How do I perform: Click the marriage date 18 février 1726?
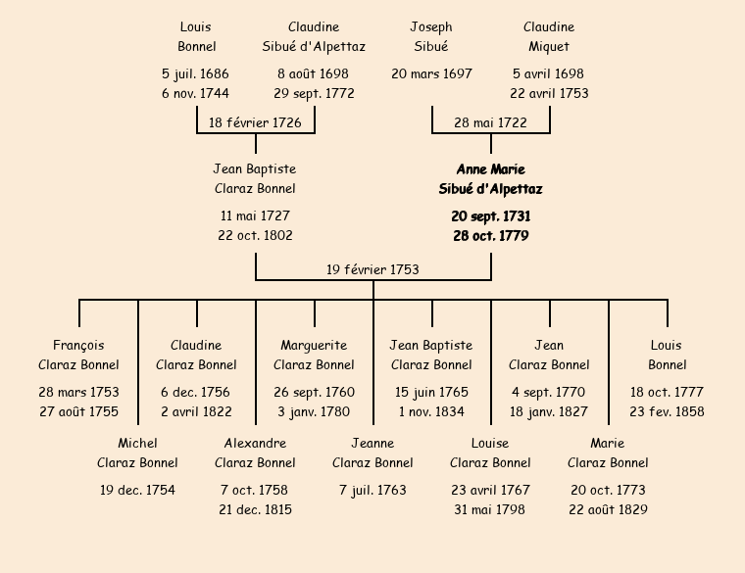(255, 122)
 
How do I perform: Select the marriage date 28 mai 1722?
(490, 122)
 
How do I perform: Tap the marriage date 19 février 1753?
(372, 269)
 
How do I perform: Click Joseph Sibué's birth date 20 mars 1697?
(431, 73)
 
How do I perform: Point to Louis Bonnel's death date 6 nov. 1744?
(196, 94)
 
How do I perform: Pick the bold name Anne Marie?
(490, 169)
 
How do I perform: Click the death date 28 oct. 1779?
(490, 236)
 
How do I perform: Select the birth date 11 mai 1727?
(255, 215)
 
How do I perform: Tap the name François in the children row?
(78, 345)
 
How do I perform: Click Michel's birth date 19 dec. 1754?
(137, 490)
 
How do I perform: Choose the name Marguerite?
(314, 345)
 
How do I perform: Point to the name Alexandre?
(255, 443)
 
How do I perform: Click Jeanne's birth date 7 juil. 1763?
(372, 490)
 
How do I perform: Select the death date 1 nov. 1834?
(431, 411)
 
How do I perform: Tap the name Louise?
(490, 443)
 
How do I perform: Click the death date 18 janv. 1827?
(549, 411)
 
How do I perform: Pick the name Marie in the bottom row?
(608, 443)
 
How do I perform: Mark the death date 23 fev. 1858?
(667, 411)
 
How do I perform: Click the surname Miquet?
(549, 46)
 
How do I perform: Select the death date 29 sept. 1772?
(314, 94)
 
